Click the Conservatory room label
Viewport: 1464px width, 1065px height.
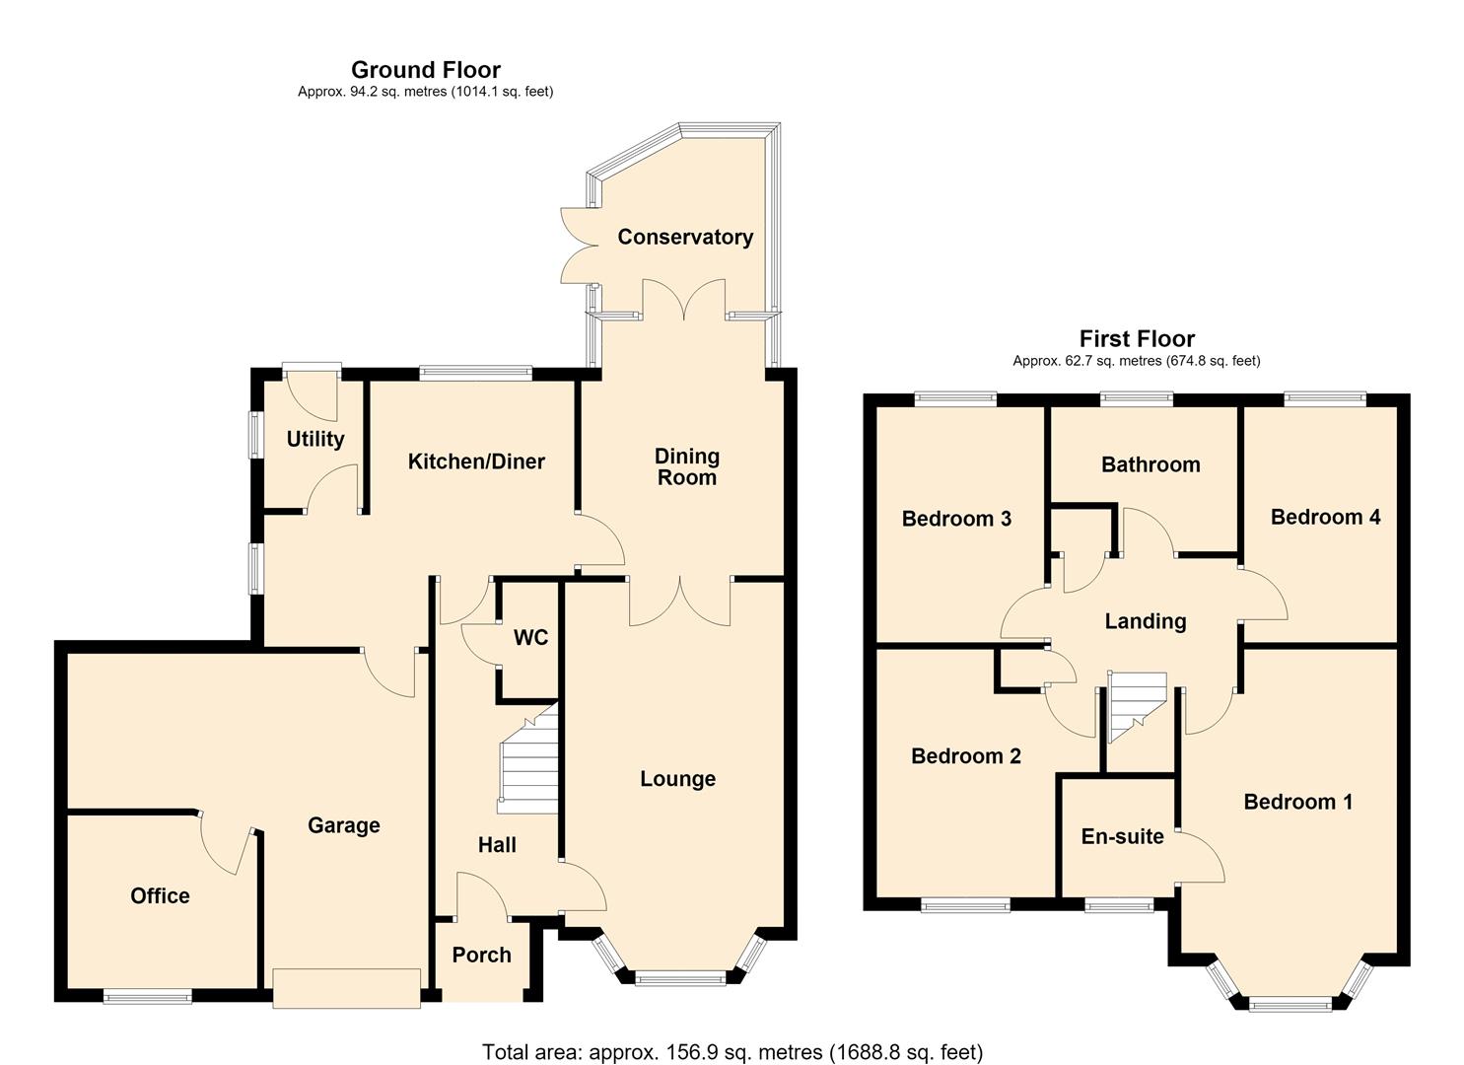point(685,237)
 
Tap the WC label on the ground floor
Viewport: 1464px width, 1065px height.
point(530,637)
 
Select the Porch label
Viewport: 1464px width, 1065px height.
point(482,956)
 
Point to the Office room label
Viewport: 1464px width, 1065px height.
point(160,895)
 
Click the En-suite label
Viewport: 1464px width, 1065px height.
point(1122,836)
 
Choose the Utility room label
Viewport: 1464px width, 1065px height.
point(315,440)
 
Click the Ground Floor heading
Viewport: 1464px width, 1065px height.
point(426,69)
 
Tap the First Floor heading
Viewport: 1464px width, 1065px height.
point(1137,338)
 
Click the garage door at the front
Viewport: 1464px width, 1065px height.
point(346,988)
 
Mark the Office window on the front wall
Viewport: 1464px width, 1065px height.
point(147,996)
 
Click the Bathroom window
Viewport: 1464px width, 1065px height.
point(1137,398)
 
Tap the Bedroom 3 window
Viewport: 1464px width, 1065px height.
point(955,398)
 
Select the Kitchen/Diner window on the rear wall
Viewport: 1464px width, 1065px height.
point(475,373)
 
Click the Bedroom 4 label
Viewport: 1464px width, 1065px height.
point(1325,517)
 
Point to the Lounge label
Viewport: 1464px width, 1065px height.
point(677,779)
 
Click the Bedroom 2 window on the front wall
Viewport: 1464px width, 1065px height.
point(966,905)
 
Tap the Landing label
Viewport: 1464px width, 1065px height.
point(1146,621)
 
